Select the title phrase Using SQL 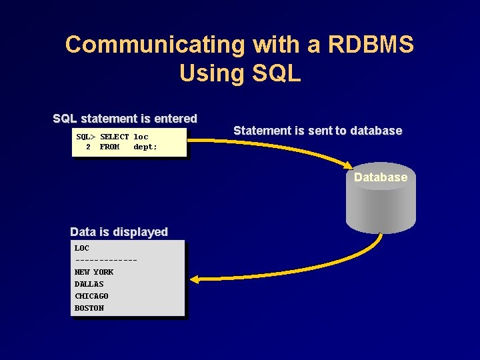(x=240, y=73)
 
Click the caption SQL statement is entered (x=125, y=119)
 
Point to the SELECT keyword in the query (x=114, y=137)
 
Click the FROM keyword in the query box (x=109, y=147)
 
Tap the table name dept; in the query (x=145, y=147)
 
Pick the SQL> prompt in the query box (x=85, y=137)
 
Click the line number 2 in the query (x=88, y=147)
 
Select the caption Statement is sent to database (x=318, y=131)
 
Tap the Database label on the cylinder (x=381, y=177)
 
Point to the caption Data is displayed (x=119, y=232)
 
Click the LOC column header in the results (x=82, y=248)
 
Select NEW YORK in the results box (x=94, y=272)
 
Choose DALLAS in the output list (x=89, y=284)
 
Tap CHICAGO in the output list (x=91, y=296)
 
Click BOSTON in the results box (x=89, y=308)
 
